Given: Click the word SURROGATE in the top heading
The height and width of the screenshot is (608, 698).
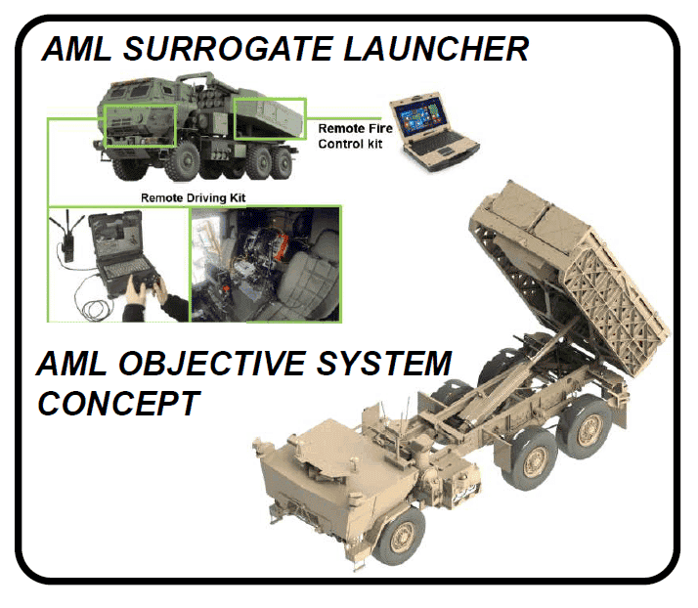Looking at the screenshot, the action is pos(228,49).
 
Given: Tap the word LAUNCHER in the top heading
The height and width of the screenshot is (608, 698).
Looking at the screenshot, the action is pos(436,49).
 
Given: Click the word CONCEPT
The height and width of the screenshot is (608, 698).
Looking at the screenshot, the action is pos(118,404).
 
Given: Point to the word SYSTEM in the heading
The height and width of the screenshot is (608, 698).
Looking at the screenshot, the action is pos(384,364).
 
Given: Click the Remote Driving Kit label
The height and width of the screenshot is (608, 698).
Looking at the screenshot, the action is pos(194,197).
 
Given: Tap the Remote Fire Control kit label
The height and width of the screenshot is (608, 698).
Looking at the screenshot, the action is pos(355,136).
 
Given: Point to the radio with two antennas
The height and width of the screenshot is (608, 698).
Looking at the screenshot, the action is pos(67,238).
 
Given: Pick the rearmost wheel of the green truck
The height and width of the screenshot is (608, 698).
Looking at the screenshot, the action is pos(282,163).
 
